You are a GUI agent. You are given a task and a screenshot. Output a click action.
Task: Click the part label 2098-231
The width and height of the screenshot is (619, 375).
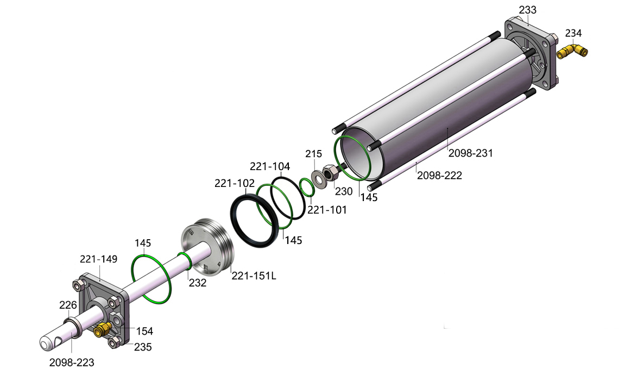click(471, 153)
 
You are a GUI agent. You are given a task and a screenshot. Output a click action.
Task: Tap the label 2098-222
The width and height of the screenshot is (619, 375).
click(439, 176)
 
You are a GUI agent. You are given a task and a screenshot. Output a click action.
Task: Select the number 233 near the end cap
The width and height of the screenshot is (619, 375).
click(527, 10)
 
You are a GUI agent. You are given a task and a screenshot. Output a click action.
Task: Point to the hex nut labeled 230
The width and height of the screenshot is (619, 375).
click(330, 173)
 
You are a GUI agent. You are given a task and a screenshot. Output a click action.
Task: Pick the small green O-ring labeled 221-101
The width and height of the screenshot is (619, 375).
click(306, 187)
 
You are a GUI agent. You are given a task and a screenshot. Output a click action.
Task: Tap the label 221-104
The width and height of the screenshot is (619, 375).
click(270, 167)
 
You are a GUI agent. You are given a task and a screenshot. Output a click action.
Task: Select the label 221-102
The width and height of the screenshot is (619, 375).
click(235, 183)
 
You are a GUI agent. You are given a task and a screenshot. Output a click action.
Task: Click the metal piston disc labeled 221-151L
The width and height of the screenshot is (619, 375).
click(207, 247)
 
